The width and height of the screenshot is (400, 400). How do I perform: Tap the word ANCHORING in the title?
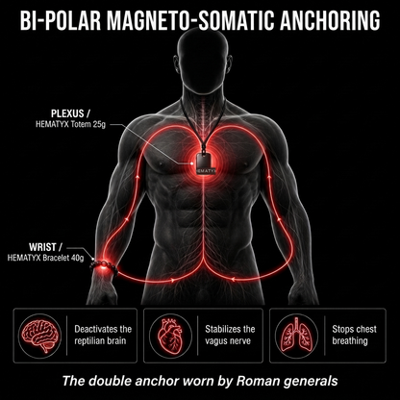point(330,21)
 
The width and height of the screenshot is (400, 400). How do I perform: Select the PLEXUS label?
point(67,113)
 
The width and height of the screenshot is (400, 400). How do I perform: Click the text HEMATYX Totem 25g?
point(70,124)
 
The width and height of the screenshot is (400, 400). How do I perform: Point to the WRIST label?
point(46,247)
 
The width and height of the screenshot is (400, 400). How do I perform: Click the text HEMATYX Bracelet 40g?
point(45,258)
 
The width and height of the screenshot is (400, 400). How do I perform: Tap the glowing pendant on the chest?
point(205,163)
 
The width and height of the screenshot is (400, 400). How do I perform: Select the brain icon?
point(39,336)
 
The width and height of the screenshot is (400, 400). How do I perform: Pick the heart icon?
point(170,336)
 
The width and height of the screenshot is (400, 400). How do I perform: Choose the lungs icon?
point(296,336)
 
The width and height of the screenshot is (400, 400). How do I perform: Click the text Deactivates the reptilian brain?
point(103,335)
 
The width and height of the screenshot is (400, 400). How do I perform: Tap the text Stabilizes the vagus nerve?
point(230,335)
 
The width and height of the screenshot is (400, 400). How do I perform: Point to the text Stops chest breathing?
point(354,335)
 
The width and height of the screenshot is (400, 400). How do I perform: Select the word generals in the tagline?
point(310,382)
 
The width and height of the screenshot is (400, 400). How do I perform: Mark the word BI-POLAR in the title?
point(61,21)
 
